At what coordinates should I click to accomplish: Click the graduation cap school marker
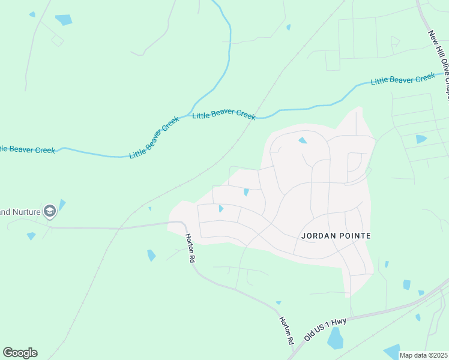(x=50, y=211)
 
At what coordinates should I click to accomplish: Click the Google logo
(x=20, y=353)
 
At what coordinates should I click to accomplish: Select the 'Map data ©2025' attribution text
(x=423, y=355)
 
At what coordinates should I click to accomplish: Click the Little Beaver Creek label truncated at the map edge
(x=27, y=149)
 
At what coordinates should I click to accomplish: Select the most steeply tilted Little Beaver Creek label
(x=155, y=137)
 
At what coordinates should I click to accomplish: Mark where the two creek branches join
(x=191, y=114)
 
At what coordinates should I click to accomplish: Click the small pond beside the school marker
(x=62, y=205)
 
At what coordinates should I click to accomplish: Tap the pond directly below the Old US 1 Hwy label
(x=336, y=340)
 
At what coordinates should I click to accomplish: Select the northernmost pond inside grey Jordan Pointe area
(x=303, y=140)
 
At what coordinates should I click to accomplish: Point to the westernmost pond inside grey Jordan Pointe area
(x=221, y=209)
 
